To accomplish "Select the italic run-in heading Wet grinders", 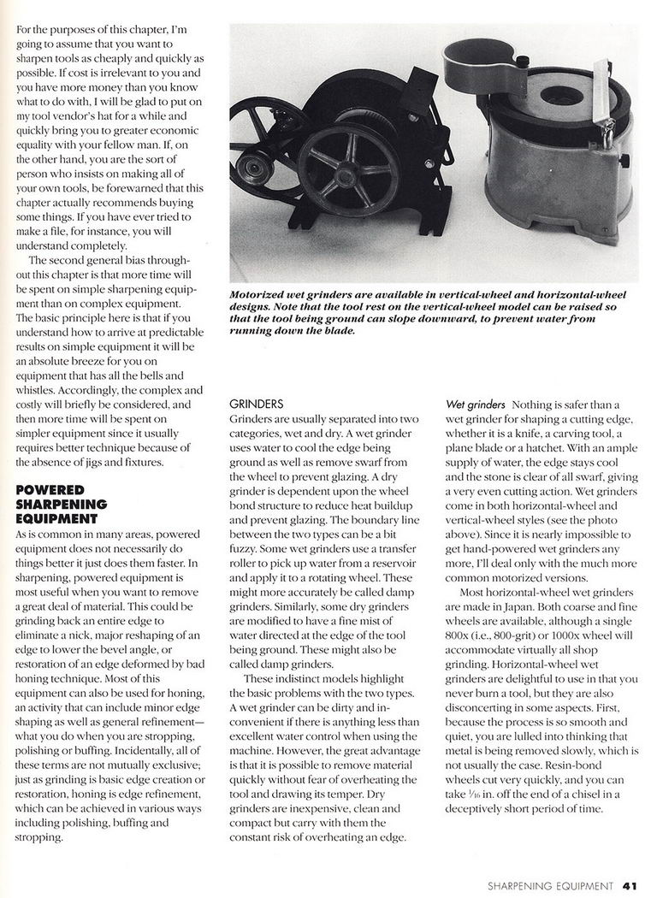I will click(475, 403).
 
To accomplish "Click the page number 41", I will click(631, 885).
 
